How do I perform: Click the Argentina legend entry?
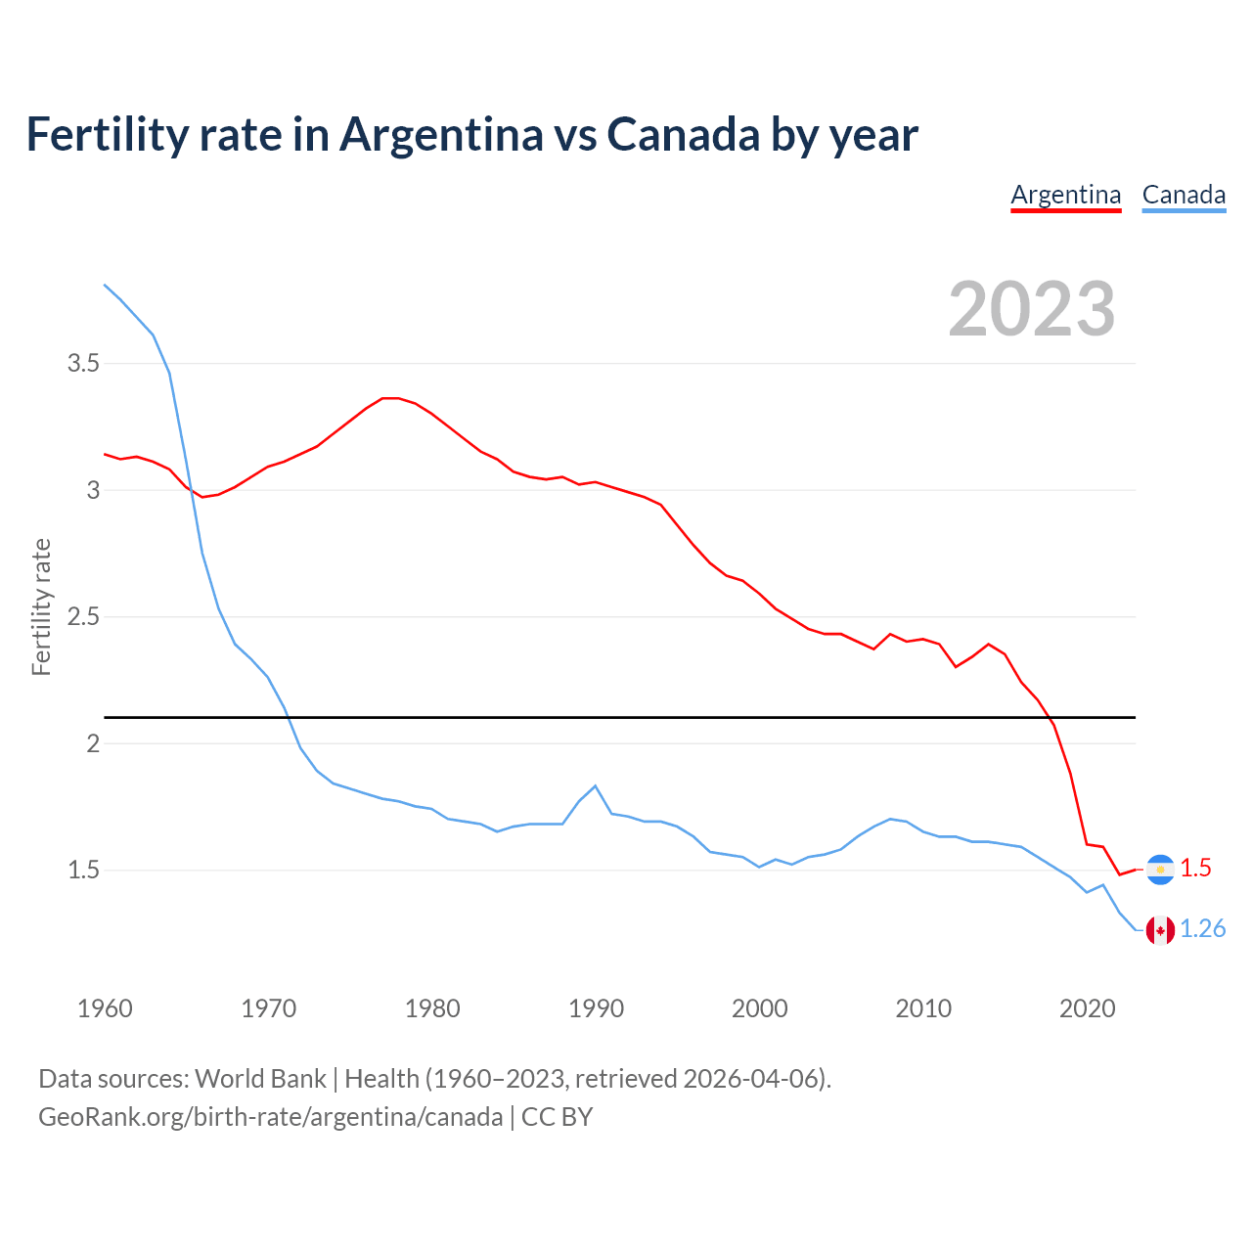pos(1065,195)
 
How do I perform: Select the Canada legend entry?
pos(1184,195)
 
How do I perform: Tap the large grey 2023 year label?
pos(1032,309)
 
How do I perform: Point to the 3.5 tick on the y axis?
pos(83,364)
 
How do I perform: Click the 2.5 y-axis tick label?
pos(83,617)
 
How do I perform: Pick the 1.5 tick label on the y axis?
pos(83,870)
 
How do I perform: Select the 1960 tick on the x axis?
pos(105,1008)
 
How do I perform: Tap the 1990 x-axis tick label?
pos(596,1008)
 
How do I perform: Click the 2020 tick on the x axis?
pos(1087,1008)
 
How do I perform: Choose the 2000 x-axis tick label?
pos(759,1008)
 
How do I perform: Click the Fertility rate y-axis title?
pos(41,606)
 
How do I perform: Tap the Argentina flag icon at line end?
pos(1160,869)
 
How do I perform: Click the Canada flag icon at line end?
pos(1160,930)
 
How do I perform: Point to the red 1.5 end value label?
pos(1195,868)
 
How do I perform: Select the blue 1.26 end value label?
pos(1202,929)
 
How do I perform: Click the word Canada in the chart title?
pos(683,135)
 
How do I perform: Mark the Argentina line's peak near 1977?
pos(389,398)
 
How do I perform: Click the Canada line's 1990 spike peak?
pos(595,785)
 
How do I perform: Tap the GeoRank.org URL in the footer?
pos(270,1117)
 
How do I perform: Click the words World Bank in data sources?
pos(260,1079)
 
